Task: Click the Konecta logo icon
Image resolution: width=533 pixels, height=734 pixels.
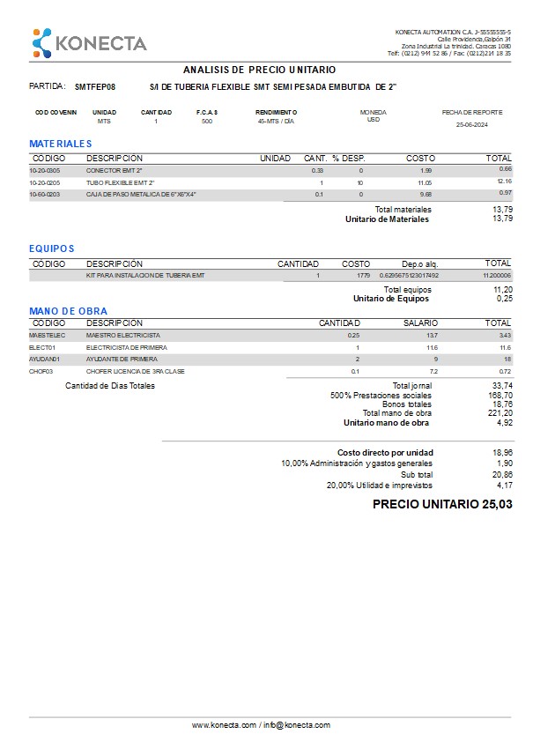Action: [x=41, y=42]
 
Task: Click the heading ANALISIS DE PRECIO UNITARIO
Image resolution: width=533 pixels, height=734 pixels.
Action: [x=259, y=70]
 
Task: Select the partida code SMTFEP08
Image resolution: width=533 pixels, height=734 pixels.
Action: [x=95, y=87]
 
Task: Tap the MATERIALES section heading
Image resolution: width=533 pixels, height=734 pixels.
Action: [x=60, y=143]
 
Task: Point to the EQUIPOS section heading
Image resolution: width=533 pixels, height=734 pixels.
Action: [x=52, y=248]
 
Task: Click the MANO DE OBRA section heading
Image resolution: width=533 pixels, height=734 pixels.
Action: [x=68, y=311]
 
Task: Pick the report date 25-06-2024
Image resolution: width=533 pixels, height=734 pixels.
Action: [x=472, y=124]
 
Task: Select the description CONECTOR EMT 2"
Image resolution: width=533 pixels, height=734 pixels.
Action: [x=114, y=169]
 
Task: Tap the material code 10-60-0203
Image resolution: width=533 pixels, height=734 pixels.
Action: [x=45, y=193]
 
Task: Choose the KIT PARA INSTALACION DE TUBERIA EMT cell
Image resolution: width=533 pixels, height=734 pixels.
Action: [x=144, y=276]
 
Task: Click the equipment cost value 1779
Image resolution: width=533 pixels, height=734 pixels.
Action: [x=363, y=276]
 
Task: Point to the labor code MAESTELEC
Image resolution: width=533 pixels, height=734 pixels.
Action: [x=48, y=336]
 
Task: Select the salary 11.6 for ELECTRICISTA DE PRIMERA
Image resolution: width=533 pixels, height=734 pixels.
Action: [x=431, y=348]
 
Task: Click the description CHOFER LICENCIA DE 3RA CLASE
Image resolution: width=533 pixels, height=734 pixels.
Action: [x=122, y=372]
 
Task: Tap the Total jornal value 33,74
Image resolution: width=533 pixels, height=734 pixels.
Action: [x=502, y=386]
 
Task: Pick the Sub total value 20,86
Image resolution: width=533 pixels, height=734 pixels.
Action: [x=502, y=474]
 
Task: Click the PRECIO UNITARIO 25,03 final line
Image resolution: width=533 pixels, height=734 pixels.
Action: [x=441, y=505]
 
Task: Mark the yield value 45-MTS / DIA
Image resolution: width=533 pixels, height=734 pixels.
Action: [x=276, y=122]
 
